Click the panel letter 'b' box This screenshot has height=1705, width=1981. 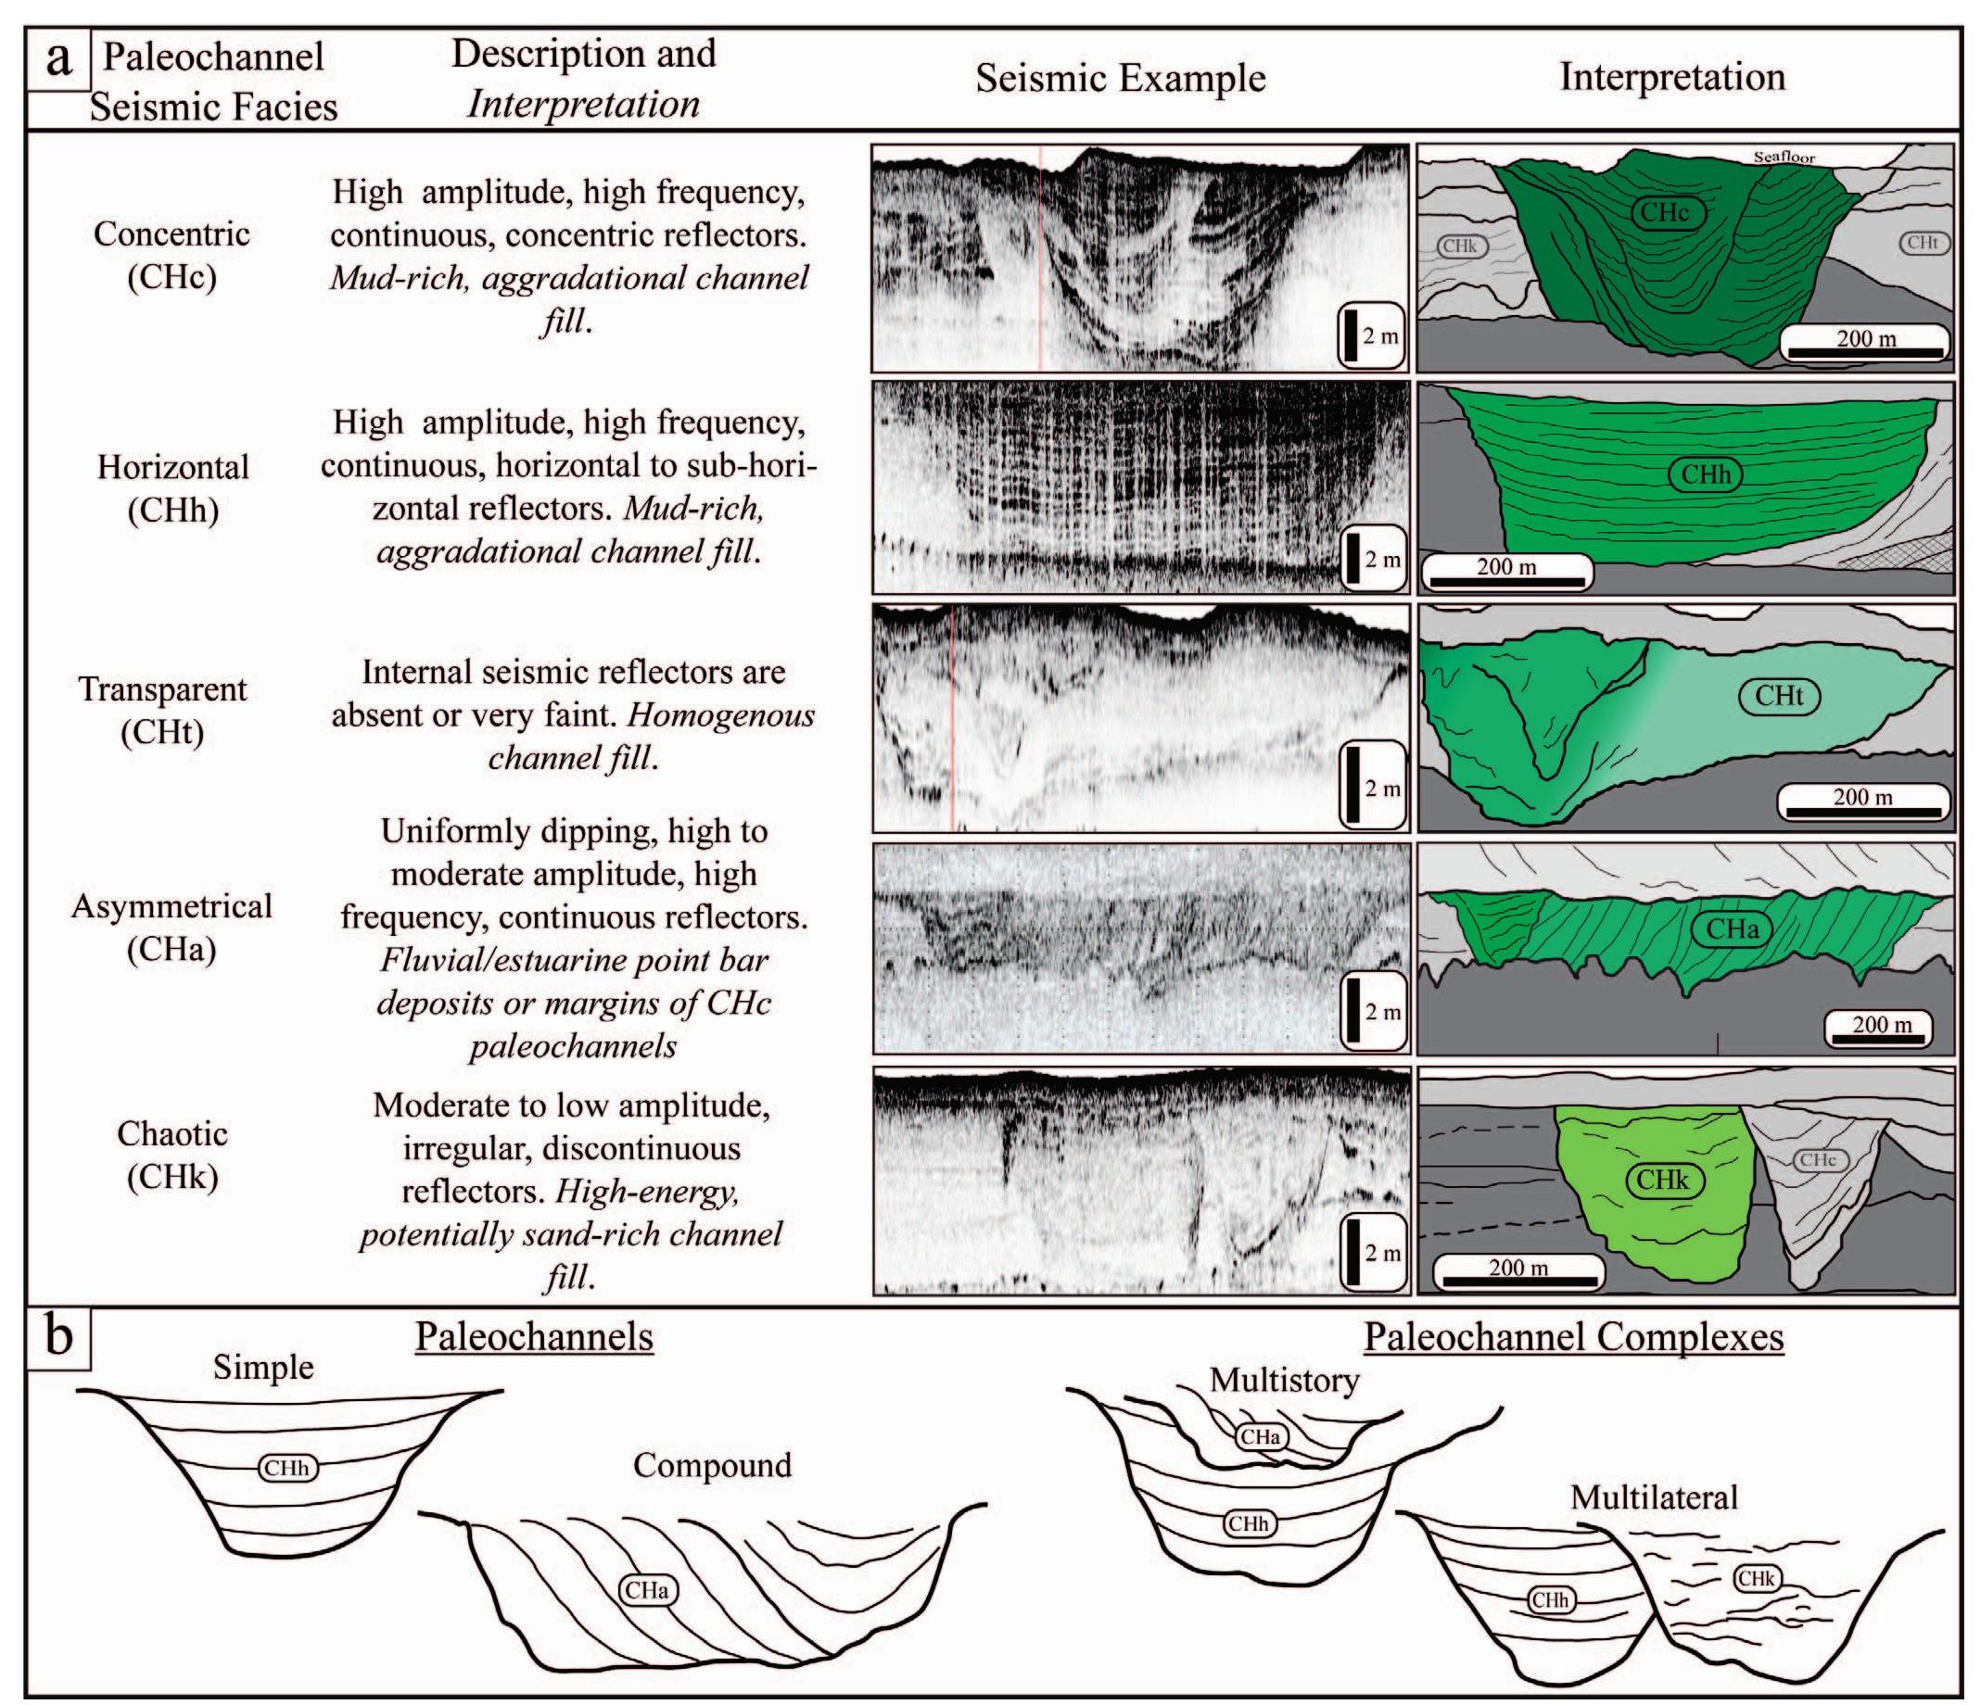coord(58,1336)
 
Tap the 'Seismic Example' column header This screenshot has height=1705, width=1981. coord(1120,79)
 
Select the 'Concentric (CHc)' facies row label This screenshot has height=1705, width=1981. coord(172,254)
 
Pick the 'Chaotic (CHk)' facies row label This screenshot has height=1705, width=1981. coord(172,1155)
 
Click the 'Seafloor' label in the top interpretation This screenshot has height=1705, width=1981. coord(1784,157)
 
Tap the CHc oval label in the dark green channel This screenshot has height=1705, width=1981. coord(1665,212)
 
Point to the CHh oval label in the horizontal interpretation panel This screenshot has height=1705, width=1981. coord(1706,475)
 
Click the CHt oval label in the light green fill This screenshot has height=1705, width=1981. coord(1778,696)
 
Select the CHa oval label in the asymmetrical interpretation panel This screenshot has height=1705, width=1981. coord(1732,928)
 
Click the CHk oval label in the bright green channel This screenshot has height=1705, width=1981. coord(1663,1181)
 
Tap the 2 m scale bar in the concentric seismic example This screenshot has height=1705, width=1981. coord(1371,335)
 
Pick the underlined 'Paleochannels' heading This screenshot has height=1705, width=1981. coord(534,1336)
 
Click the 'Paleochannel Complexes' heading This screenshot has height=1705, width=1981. coord(1573,1336)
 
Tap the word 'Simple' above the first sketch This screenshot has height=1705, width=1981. coord(263,1367)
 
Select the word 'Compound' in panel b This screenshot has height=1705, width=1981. coord(712,1465)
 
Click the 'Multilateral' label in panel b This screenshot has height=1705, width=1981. coord(1653,1497)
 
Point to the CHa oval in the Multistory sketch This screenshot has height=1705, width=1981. coord(1260,1435)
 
